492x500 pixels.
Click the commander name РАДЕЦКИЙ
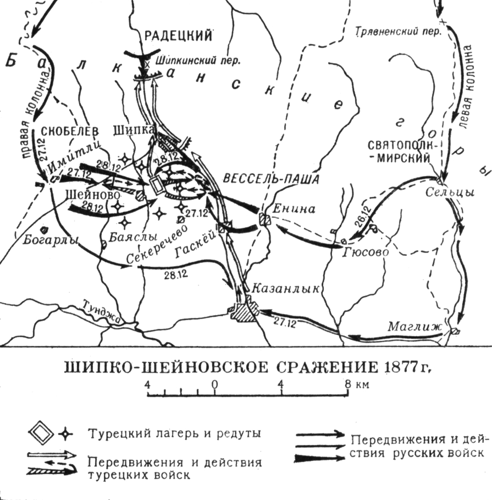[x=178, y=36]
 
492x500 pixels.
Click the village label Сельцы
[x=450, y=192]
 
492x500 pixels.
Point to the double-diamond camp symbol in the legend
[x=41, y=434]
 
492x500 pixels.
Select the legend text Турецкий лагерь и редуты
[x=174, y=434]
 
